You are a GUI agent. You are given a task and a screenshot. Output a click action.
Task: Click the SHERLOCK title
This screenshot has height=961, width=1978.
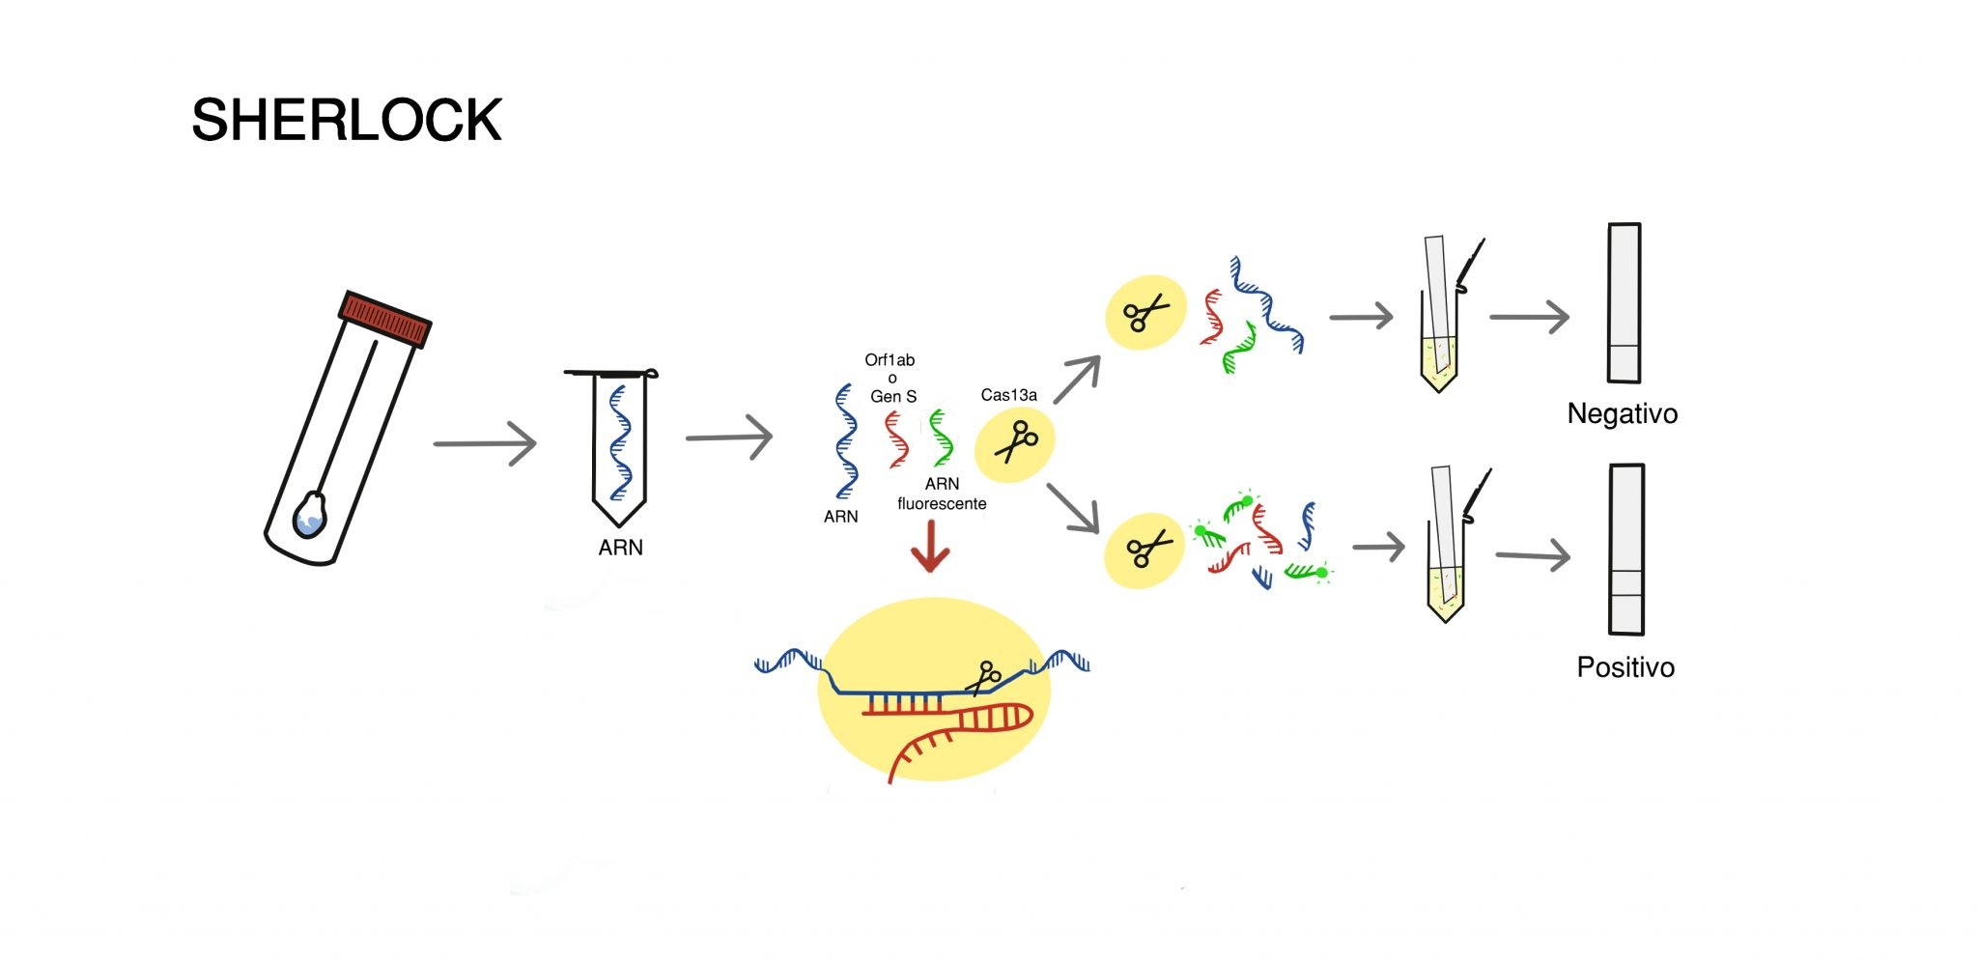pos(347,120)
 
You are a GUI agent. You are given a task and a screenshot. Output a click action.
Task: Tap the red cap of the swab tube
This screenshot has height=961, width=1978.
pos(385,318)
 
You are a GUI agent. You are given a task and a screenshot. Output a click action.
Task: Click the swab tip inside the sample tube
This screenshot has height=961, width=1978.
pos(310,514)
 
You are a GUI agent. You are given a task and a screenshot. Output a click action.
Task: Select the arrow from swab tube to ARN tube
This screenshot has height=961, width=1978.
pos(485,443)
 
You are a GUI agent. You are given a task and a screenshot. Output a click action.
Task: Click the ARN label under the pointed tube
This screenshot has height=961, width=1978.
pos(620,548)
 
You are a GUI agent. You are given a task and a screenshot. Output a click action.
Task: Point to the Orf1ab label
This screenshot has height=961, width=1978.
pos(890,360)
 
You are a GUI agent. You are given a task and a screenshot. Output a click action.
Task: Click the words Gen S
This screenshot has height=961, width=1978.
pos(893,396)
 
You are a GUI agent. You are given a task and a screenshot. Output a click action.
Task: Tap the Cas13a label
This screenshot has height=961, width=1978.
pos(1008,395)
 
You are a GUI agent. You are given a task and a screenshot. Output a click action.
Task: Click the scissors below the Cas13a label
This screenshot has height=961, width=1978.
pos(1015,442)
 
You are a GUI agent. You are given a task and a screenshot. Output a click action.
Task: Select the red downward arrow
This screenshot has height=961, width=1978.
pos(930,548)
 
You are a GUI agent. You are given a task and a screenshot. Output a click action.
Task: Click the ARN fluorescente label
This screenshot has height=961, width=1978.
pos(942,494)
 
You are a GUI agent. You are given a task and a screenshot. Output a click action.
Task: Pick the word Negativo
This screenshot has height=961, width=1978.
pos(1622,413)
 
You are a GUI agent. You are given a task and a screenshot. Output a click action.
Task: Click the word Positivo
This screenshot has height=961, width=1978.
pos(1625,667)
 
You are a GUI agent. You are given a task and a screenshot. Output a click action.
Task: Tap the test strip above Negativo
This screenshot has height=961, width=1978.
pos(1625,303)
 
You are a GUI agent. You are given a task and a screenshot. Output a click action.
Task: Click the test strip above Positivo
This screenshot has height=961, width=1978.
pos(1626,550)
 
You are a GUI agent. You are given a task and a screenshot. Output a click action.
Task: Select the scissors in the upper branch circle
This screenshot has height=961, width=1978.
pos(1144,313)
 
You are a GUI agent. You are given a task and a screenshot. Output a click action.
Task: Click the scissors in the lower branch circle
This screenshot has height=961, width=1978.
pos(1146,550)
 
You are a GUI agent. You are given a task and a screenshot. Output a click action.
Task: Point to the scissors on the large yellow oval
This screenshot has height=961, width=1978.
pos(985,676)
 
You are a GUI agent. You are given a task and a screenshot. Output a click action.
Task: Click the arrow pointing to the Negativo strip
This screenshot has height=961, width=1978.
pos(1530,317)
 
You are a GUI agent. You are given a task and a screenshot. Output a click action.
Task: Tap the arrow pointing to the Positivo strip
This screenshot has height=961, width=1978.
pos(1533,555)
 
